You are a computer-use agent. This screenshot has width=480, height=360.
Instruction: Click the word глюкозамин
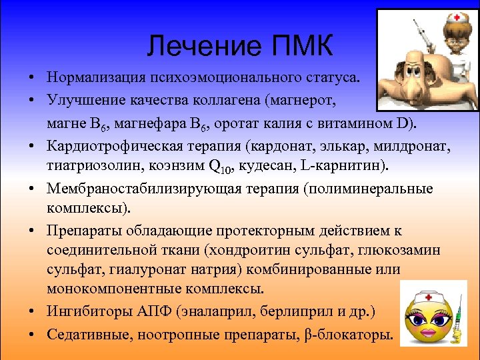pos(397,250)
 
